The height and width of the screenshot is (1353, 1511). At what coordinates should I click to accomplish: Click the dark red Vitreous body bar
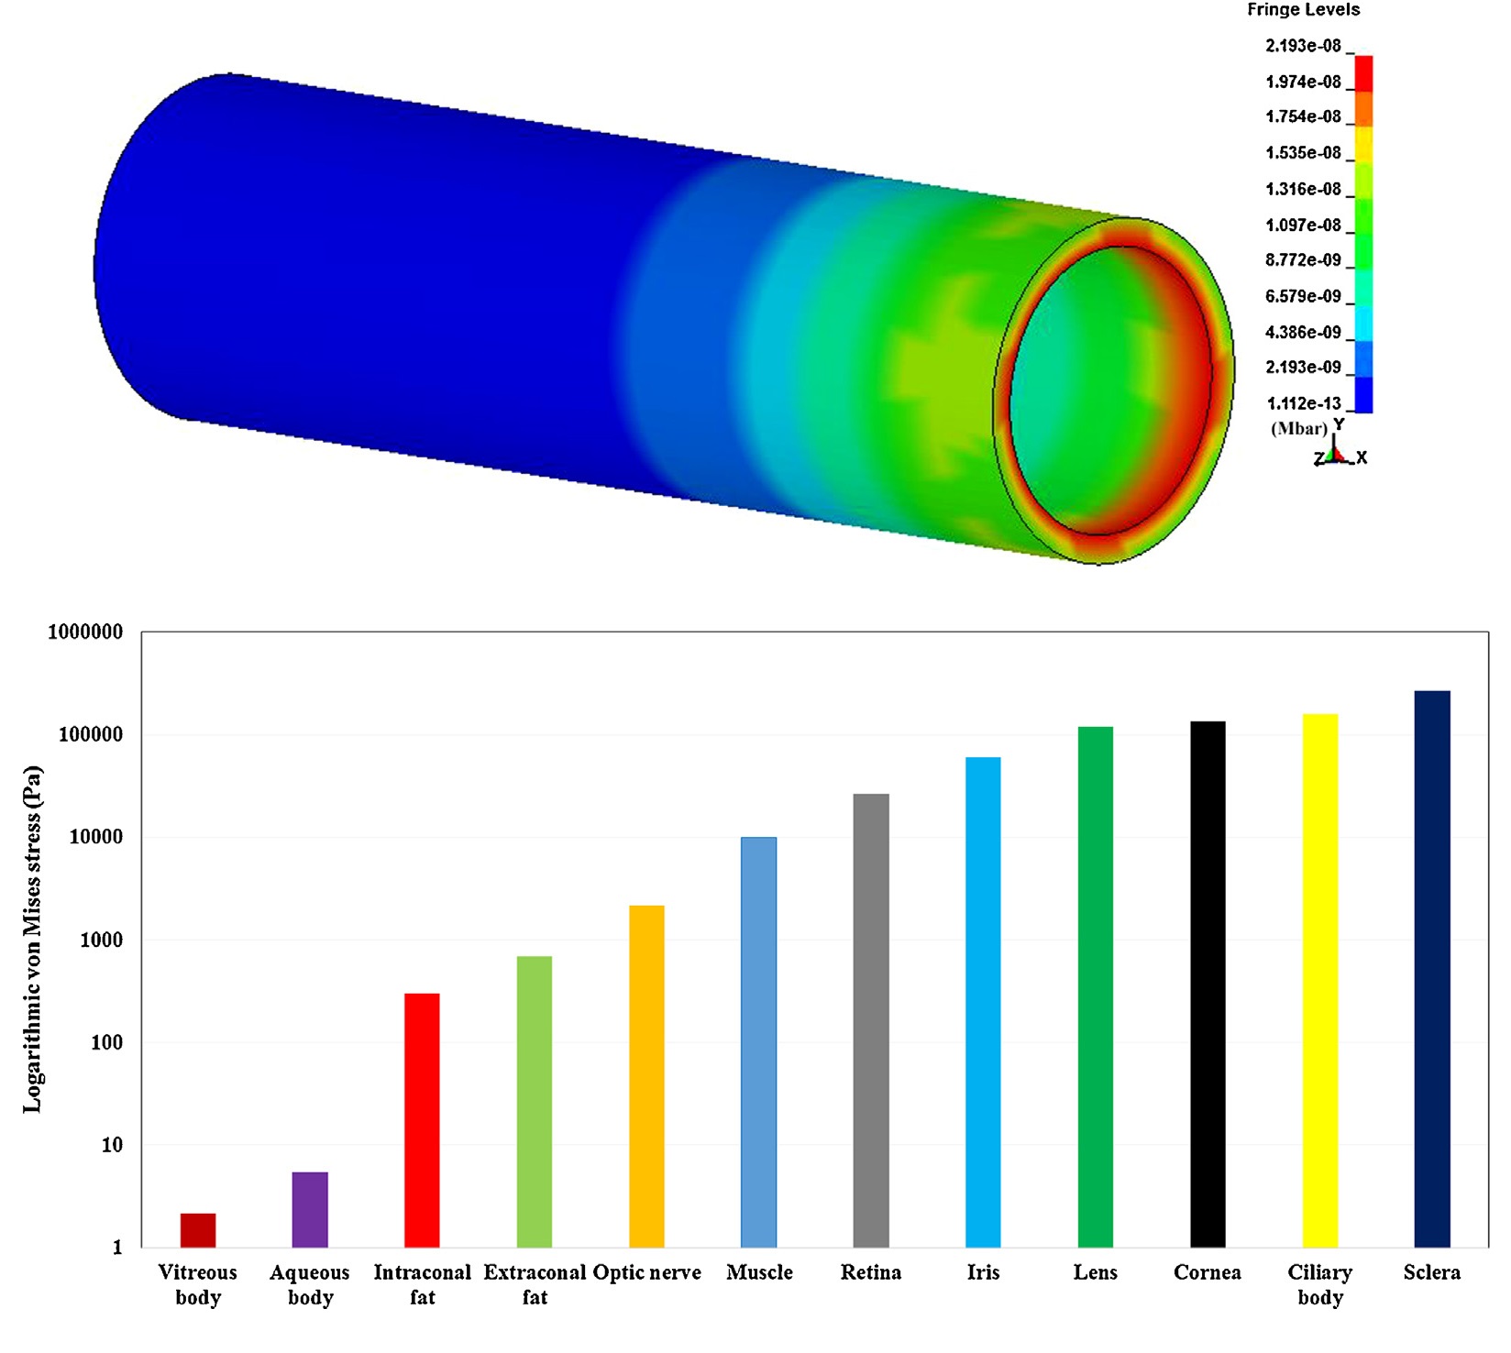[x=198, y=1230]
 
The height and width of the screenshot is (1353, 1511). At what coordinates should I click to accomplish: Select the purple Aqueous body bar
[x=310, y=1210]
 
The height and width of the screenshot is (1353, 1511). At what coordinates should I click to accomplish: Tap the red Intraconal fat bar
[x=422, y=1120]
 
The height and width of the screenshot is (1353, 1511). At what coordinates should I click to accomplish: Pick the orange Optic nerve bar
[x=646, y=1076]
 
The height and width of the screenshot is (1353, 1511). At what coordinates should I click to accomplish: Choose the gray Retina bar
[x=871, y=1020]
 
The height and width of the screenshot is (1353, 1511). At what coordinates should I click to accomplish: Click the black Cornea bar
[x=1208, y=984]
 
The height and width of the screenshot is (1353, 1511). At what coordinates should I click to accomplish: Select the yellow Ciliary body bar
[x=1320, y=981]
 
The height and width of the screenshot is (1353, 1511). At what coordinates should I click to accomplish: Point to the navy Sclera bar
[x=1432, y=969]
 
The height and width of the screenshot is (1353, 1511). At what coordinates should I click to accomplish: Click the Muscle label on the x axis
[x=759, y=1272]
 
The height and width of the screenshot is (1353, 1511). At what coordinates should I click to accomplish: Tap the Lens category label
[x=1096, y=1272]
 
